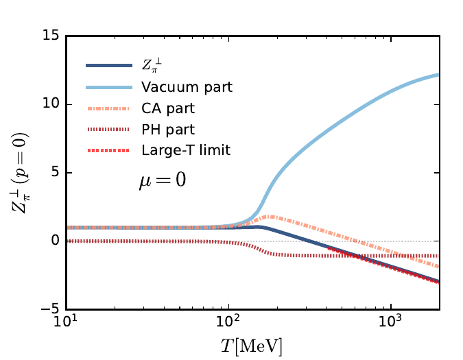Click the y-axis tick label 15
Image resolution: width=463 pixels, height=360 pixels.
(x=51, y=36)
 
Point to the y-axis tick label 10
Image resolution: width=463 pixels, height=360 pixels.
(x=51, y=104)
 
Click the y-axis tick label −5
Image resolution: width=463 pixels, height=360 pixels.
(x=49, y=310)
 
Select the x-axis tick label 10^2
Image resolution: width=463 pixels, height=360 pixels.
(x=228, y=323)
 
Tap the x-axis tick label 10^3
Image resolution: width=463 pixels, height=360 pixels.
(x=391, y=323)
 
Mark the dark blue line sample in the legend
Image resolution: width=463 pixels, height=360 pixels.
(x=108, y=66)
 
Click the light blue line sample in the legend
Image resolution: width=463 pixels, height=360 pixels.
(x=108, y=86)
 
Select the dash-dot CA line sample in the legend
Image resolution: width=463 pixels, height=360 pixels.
(x=108, y=108)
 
